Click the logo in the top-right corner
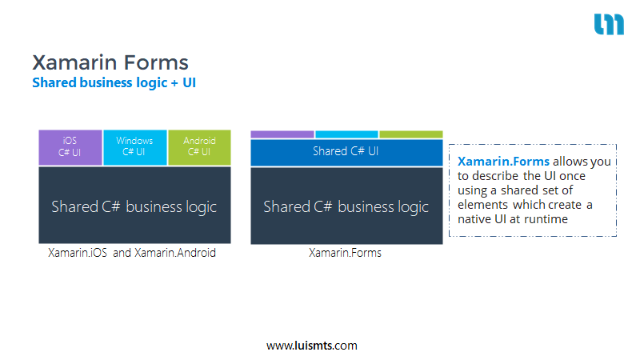tap(609, 24)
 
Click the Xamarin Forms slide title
tap(110, 62)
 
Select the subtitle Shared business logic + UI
tap(114, 83)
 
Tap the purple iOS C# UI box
tap(70, 147)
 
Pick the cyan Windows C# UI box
tap(135, 147)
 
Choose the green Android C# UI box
tap(199, 147)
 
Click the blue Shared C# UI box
tap(346, 152)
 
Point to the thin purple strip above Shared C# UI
tap(282, 134)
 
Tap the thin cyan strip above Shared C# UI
tap(346, 134)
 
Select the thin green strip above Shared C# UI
tap(411, 134)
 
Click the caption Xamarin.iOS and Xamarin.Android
tap(132, 253)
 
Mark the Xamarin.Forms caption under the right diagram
tap(345, 253)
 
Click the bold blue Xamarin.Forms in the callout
tap(503, 162)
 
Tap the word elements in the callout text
tap(482, 205)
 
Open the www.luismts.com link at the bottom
tap(312, 346)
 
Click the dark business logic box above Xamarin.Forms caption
tap(346, 206)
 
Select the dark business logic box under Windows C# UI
tap(134, 205)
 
